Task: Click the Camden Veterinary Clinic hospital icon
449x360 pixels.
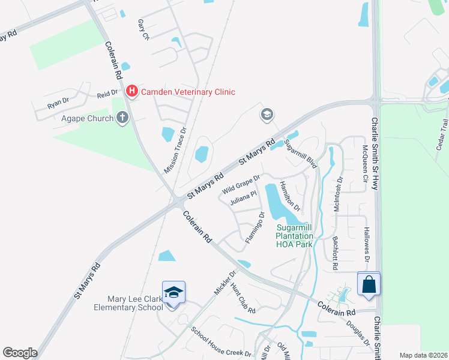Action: point(133,92)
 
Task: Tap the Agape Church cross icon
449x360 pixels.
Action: point(123,118)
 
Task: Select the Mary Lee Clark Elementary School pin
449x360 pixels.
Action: point(173,293)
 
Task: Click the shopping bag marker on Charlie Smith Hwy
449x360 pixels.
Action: point(369,284)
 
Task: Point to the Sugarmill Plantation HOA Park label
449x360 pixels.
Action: point(295,236)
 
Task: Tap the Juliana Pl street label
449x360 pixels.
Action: point(243,199)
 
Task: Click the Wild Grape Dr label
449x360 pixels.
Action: point(241,184)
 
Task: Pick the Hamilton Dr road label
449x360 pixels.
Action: point(291,195)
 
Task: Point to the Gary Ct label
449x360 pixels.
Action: point(143,29)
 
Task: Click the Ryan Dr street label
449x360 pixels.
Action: point(58,103)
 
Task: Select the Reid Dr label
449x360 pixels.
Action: point(109,95)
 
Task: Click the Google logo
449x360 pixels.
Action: point(20,352)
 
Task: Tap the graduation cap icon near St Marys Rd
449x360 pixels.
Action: point(267,114)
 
